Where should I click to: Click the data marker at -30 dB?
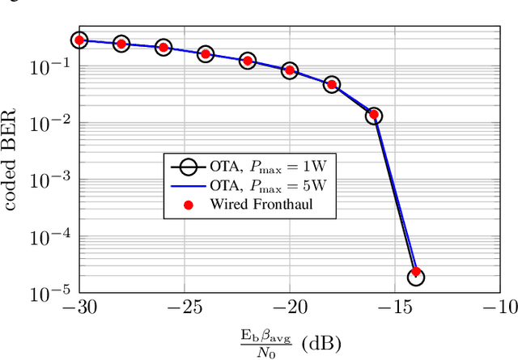(79, 40)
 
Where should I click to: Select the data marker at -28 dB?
(121, 44)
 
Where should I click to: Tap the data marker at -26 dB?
(163, 48)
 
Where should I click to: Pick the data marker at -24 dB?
(205, 54)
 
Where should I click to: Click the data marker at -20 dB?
(289, 70)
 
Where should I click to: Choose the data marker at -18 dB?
(331, 84)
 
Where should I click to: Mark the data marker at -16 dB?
(373, 116)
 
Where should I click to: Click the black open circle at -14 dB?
(415, 277)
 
